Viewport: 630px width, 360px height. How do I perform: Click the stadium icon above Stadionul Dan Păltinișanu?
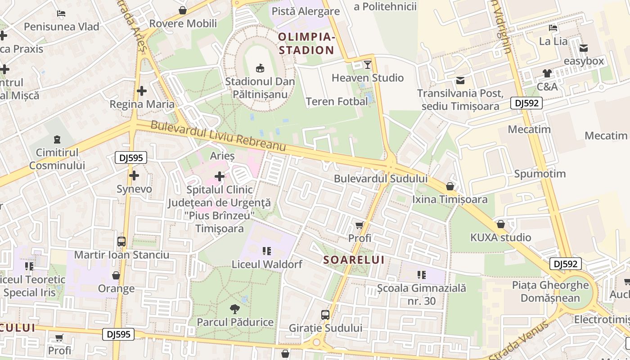260,68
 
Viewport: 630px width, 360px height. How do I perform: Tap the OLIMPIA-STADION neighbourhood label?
306,43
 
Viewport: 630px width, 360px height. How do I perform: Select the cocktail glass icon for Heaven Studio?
368,65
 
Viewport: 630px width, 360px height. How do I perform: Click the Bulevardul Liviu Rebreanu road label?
218,136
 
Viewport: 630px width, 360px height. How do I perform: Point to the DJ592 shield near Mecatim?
526,103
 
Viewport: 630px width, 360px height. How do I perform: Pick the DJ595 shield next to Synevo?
131,157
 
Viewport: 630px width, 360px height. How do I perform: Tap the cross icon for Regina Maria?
142,91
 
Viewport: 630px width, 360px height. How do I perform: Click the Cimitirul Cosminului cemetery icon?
57,139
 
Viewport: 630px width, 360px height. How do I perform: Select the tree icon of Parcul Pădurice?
234,309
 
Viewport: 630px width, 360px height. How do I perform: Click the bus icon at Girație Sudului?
325,315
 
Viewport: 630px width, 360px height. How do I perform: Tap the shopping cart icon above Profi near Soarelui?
359,225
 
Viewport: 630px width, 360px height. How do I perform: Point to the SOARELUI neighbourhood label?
354,260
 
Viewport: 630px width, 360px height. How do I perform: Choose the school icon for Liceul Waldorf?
266,251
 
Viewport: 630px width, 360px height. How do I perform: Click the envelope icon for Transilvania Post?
460,81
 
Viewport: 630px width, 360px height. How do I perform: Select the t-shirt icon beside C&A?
547,73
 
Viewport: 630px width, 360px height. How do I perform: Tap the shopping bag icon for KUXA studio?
501,224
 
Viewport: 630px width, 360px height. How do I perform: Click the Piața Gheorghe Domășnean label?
550,291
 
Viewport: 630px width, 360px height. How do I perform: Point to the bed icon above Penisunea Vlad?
62,13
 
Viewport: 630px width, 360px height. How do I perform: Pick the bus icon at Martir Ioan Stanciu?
121,242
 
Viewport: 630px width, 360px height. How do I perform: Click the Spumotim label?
540,174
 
